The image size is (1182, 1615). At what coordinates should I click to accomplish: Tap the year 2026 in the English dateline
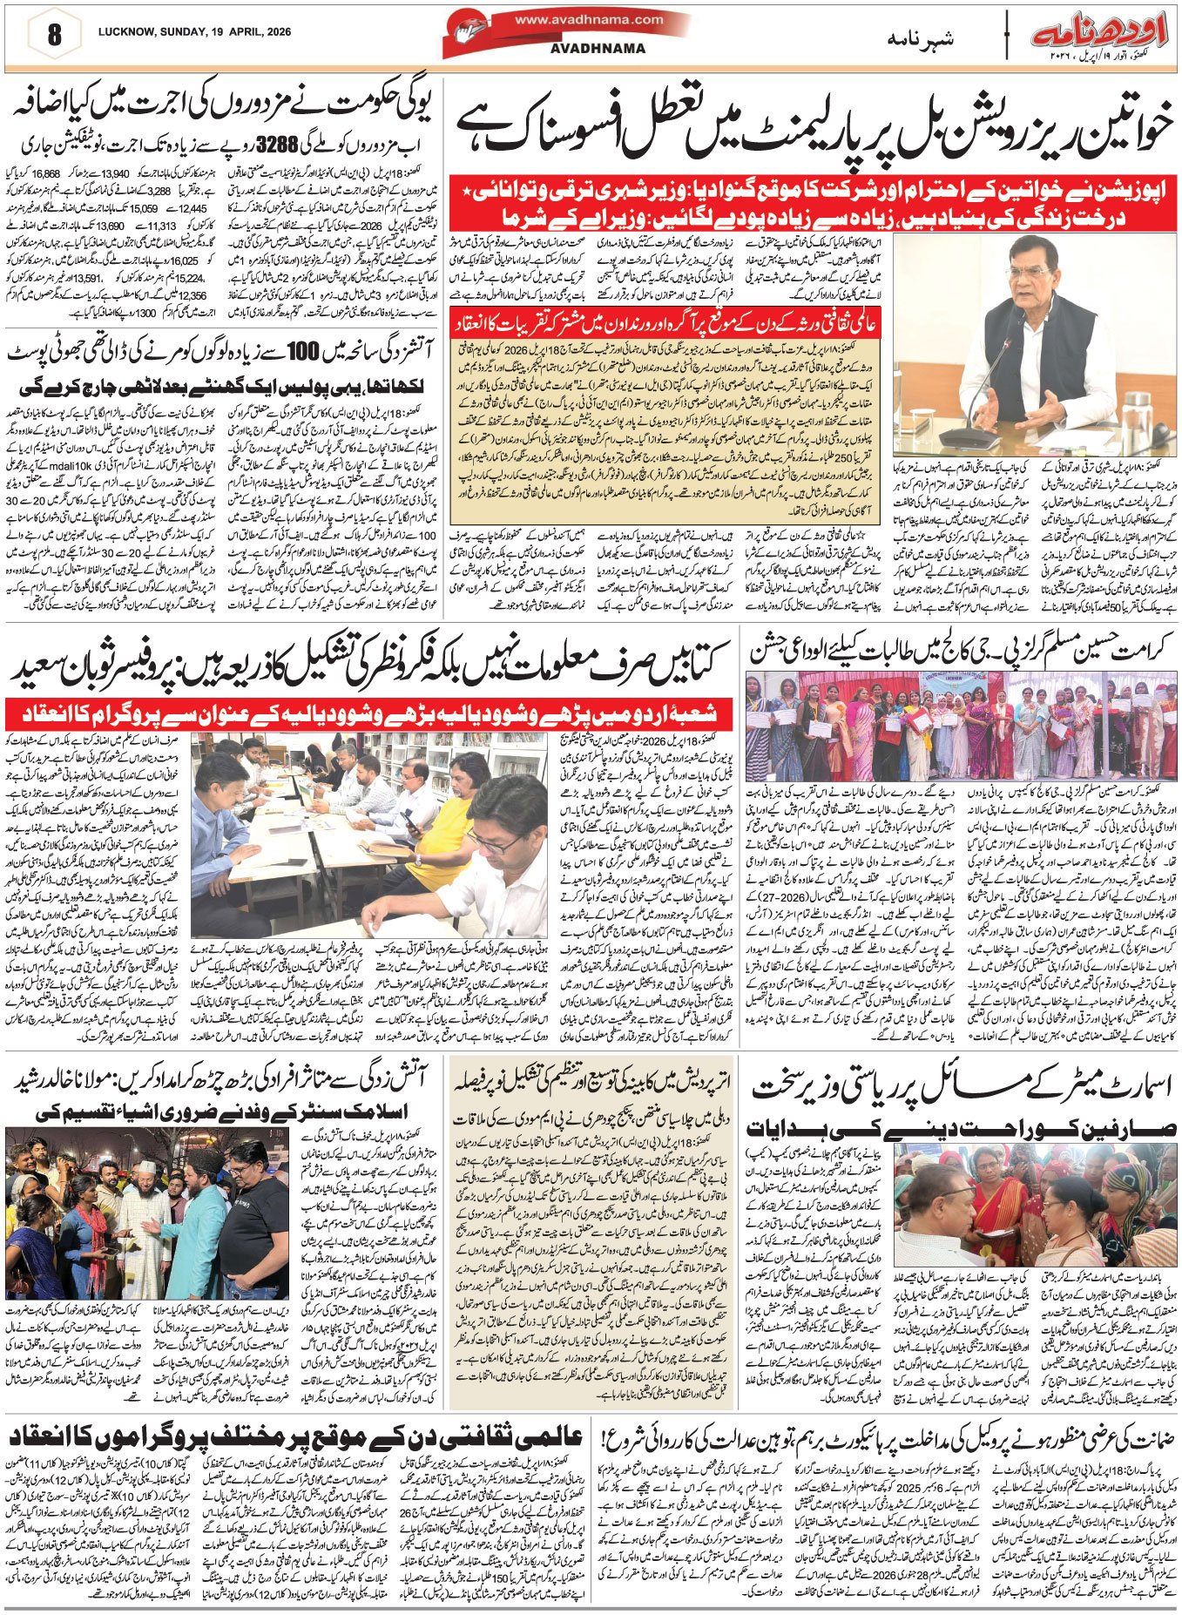[x=276, y=32]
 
